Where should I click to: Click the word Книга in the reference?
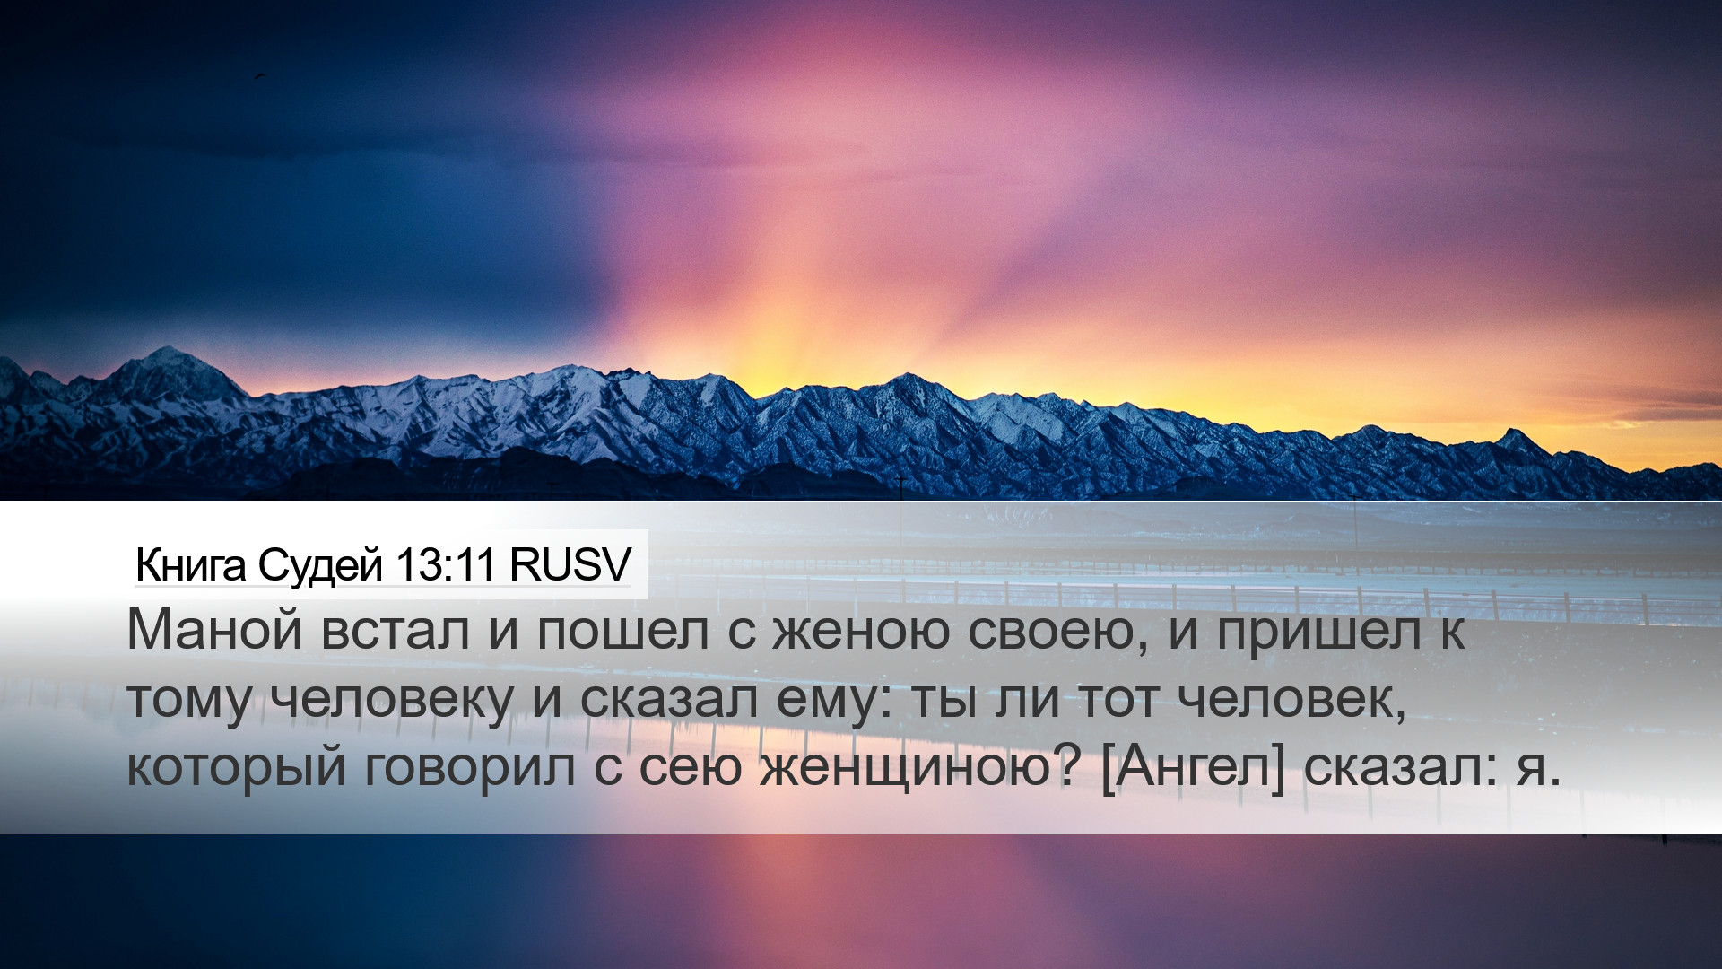coord(190,565)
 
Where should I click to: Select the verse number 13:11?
coord(446,565)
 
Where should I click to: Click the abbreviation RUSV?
coord(570,565)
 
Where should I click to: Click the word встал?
coord(395,631)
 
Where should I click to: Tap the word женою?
coord(860,631)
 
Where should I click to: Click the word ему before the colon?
coord(822,703)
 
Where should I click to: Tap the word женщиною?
coord(908,769)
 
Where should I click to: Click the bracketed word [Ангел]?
coord(1193,769)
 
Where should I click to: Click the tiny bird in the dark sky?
coord(260,76)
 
